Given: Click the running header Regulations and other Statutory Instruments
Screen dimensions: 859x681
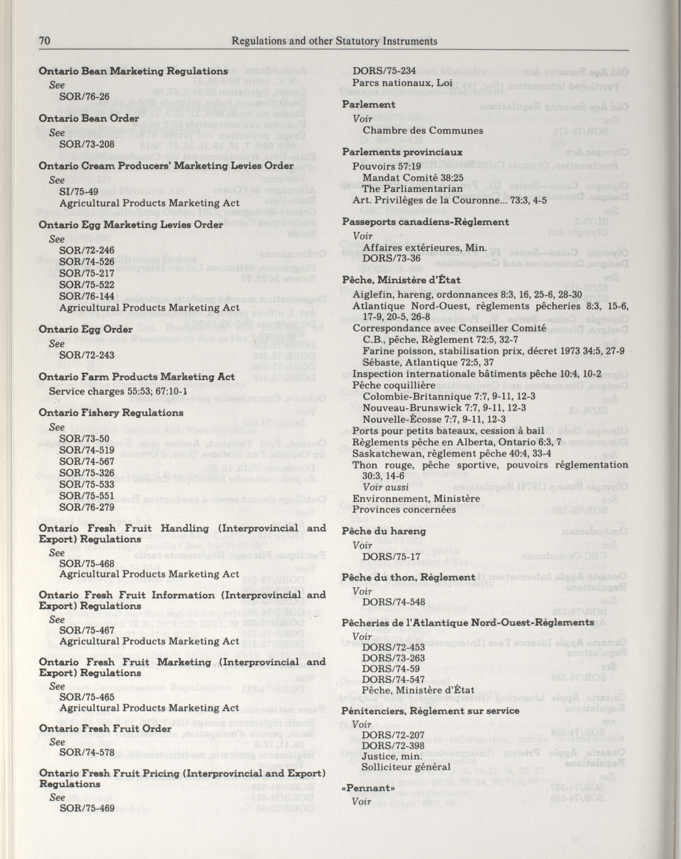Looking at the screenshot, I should pyautogui.click(x=334, y=41).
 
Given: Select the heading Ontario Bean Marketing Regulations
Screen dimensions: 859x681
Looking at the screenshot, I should pyautogui.click(x=133, y=71).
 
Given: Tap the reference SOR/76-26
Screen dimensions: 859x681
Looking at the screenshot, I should pyautogui.click(x=84, y=97).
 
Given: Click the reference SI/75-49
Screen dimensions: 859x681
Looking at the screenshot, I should pyautogui.click(x=79, y=192).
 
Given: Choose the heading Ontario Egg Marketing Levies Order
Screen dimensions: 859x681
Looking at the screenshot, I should pyautogui.click(x=131, y=225).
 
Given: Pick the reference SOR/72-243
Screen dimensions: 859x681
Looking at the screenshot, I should pyautogui.click(x=87, y=355).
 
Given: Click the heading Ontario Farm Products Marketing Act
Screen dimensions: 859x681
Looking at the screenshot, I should pyautogui.click(x=137, y=377).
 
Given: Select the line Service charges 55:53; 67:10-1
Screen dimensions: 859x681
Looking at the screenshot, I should pyautogui.click(x=115, y=392).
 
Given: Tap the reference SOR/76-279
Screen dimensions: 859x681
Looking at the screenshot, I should pyautogui.click(x=87, y=507).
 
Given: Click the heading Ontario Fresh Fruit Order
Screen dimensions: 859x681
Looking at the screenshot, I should pyautogui.click(x=105, y=729).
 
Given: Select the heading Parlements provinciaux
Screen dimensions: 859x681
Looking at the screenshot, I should pyautogui.click(x=402, y=152).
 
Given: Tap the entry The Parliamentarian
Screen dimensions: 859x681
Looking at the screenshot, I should pyautogui.click(x=413, y=189).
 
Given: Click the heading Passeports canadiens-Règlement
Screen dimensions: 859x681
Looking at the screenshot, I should pyautogui.click(x=425, y=222).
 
